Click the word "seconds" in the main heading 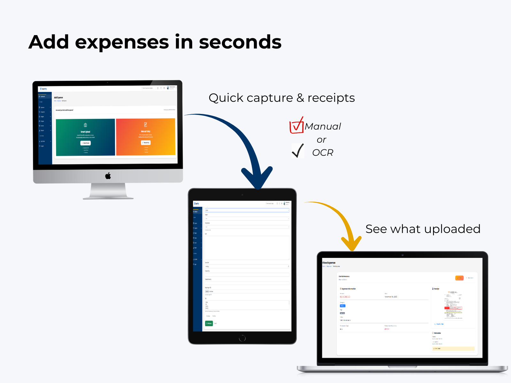pyautogui.click(x=240, y=42)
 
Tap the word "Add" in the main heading pyautogui.click(x=49, y=42)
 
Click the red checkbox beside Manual pyautogui.click(x=296, y=126)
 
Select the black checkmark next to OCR pyautogui.click(x=298, y=151)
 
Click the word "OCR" pyautogui.click(x=323, y=153)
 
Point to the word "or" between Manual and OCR pyautogui.click(x=321, y=140)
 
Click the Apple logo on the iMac pyautogui.click(x=108, y=176)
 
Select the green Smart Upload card pyautogui.click(x=85, y=137)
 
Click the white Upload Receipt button pyautogui.click(x=86, y=143)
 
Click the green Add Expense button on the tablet pyautogui.click(x=209, y=323)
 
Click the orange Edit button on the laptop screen pyautogui.click(x=459, y=278)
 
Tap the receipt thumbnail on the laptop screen pyautogui.click(x=453, y=305)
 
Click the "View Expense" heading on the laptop pyautogui.click(x=329, y=263)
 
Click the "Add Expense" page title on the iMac pyautogui.click(x=58, y=98)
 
